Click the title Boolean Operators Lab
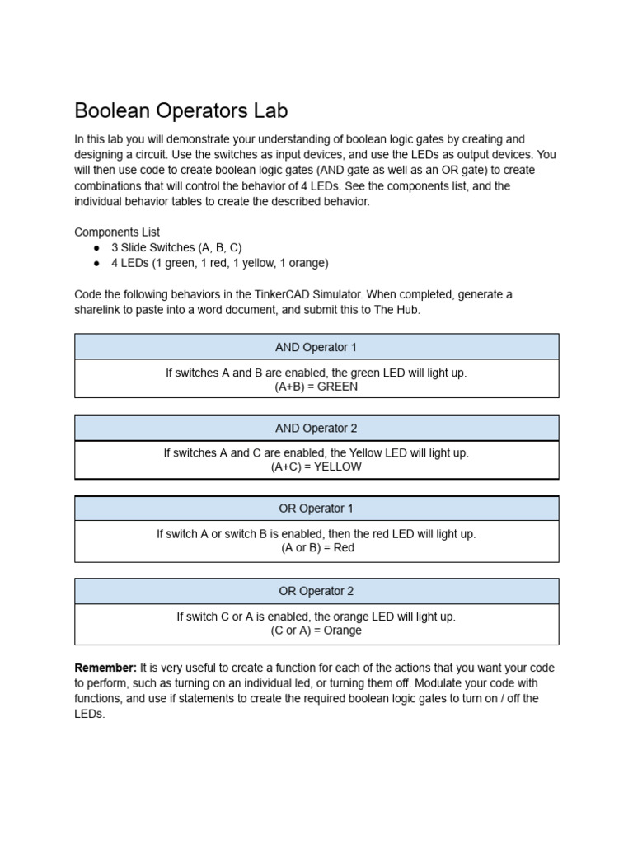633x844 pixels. click(x=181, y=110)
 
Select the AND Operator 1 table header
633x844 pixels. click(x=316, y=347)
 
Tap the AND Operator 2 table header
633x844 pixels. click(x=316, y=428)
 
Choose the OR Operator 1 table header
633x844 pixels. click(x=316, y=509)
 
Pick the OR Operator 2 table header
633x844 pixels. click(x=316, y=591)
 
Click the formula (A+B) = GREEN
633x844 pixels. click(x=316, y=386)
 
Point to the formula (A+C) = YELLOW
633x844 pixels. click(x=316, y=467)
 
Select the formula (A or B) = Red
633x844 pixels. click(x=316, y=547)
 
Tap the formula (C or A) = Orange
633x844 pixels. click(x=316, y=631)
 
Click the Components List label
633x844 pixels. click(x=117, y=232)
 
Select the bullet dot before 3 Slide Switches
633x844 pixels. click(x=96, y=248)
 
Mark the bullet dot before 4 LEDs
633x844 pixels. click(x=96, y=264)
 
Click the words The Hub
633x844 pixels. click(x=399, y=310)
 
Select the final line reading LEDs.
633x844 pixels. click(x=90, y=714)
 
